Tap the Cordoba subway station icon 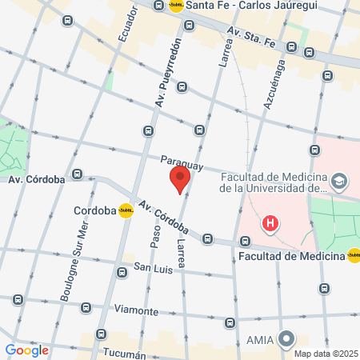(x=126, y=211)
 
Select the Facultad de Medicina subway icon (x=354, y=256)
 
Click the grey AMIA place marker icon (x=286, y=340)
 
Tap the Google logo (x=26, y=350)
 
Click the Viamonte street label (x=136, y=310)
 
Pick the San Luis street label (x=153, y=268)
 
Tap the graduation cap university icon (x=339, y=182)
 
